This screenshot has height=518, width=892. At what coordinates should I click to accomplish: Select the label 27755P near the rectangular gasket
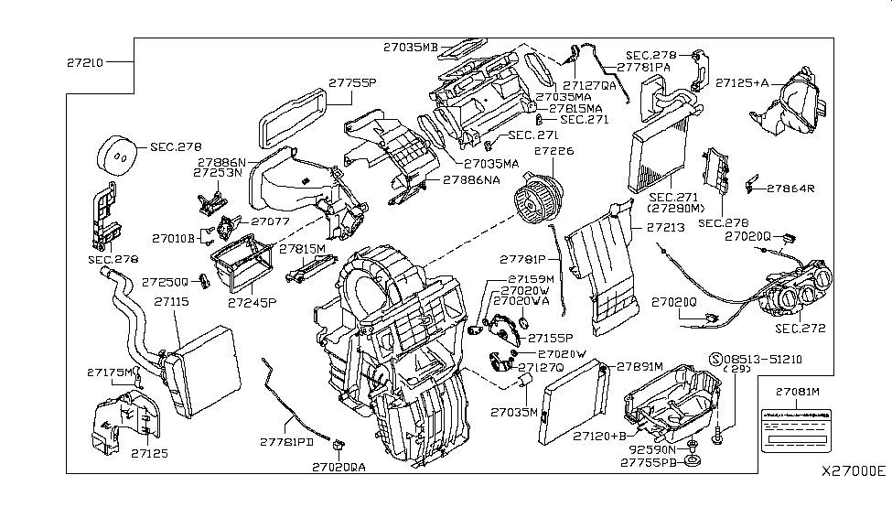352,82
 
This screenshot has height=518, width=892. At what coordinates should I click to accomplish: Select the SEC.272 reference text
801,327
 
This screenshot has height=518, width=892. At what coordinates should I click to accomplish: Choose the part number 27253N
218,171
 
